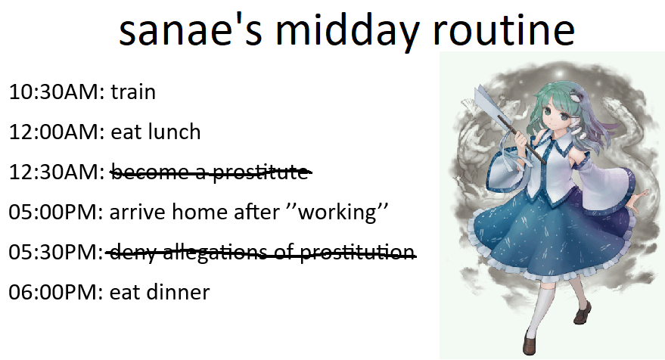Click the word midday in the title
pos(348,30)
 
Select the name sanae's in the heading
pos(191,29)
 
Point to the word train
pos(133,92)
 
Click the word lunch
pos(174,132)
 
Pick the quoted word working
pos(337,212)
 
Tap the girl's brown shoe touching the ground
pos(530,343)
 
